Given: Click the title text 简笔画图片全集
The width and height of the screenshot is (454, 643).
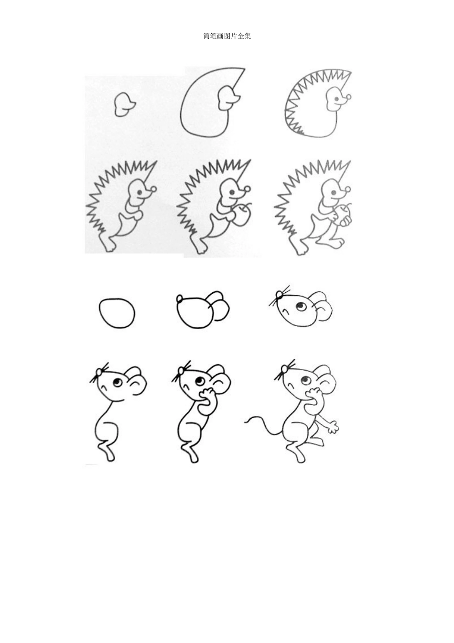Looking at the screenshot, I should coord(227,36).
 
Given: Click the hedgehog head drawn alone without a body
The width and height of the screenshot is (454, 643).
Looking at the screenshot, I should coord(125,104).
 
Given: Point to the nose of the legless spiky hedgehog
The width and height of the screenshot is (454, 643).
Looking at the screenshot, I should coord(349,98).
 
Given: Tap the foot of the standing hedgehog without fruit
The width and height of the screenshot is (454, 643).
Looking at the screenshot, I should coord(109,244).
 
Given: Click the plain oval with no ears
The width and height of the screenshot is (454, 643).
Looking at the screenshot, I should coord(117,313).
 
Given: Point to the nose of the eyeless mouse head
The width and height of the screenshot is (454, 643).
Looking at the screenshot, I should coord(180,299).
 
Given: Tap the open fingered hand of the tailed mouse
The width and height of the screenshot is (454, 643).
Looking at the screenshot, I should coord(334,427).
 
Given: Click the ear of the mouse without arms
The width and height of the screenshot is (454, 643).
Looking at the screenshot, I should coord(137,381).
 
